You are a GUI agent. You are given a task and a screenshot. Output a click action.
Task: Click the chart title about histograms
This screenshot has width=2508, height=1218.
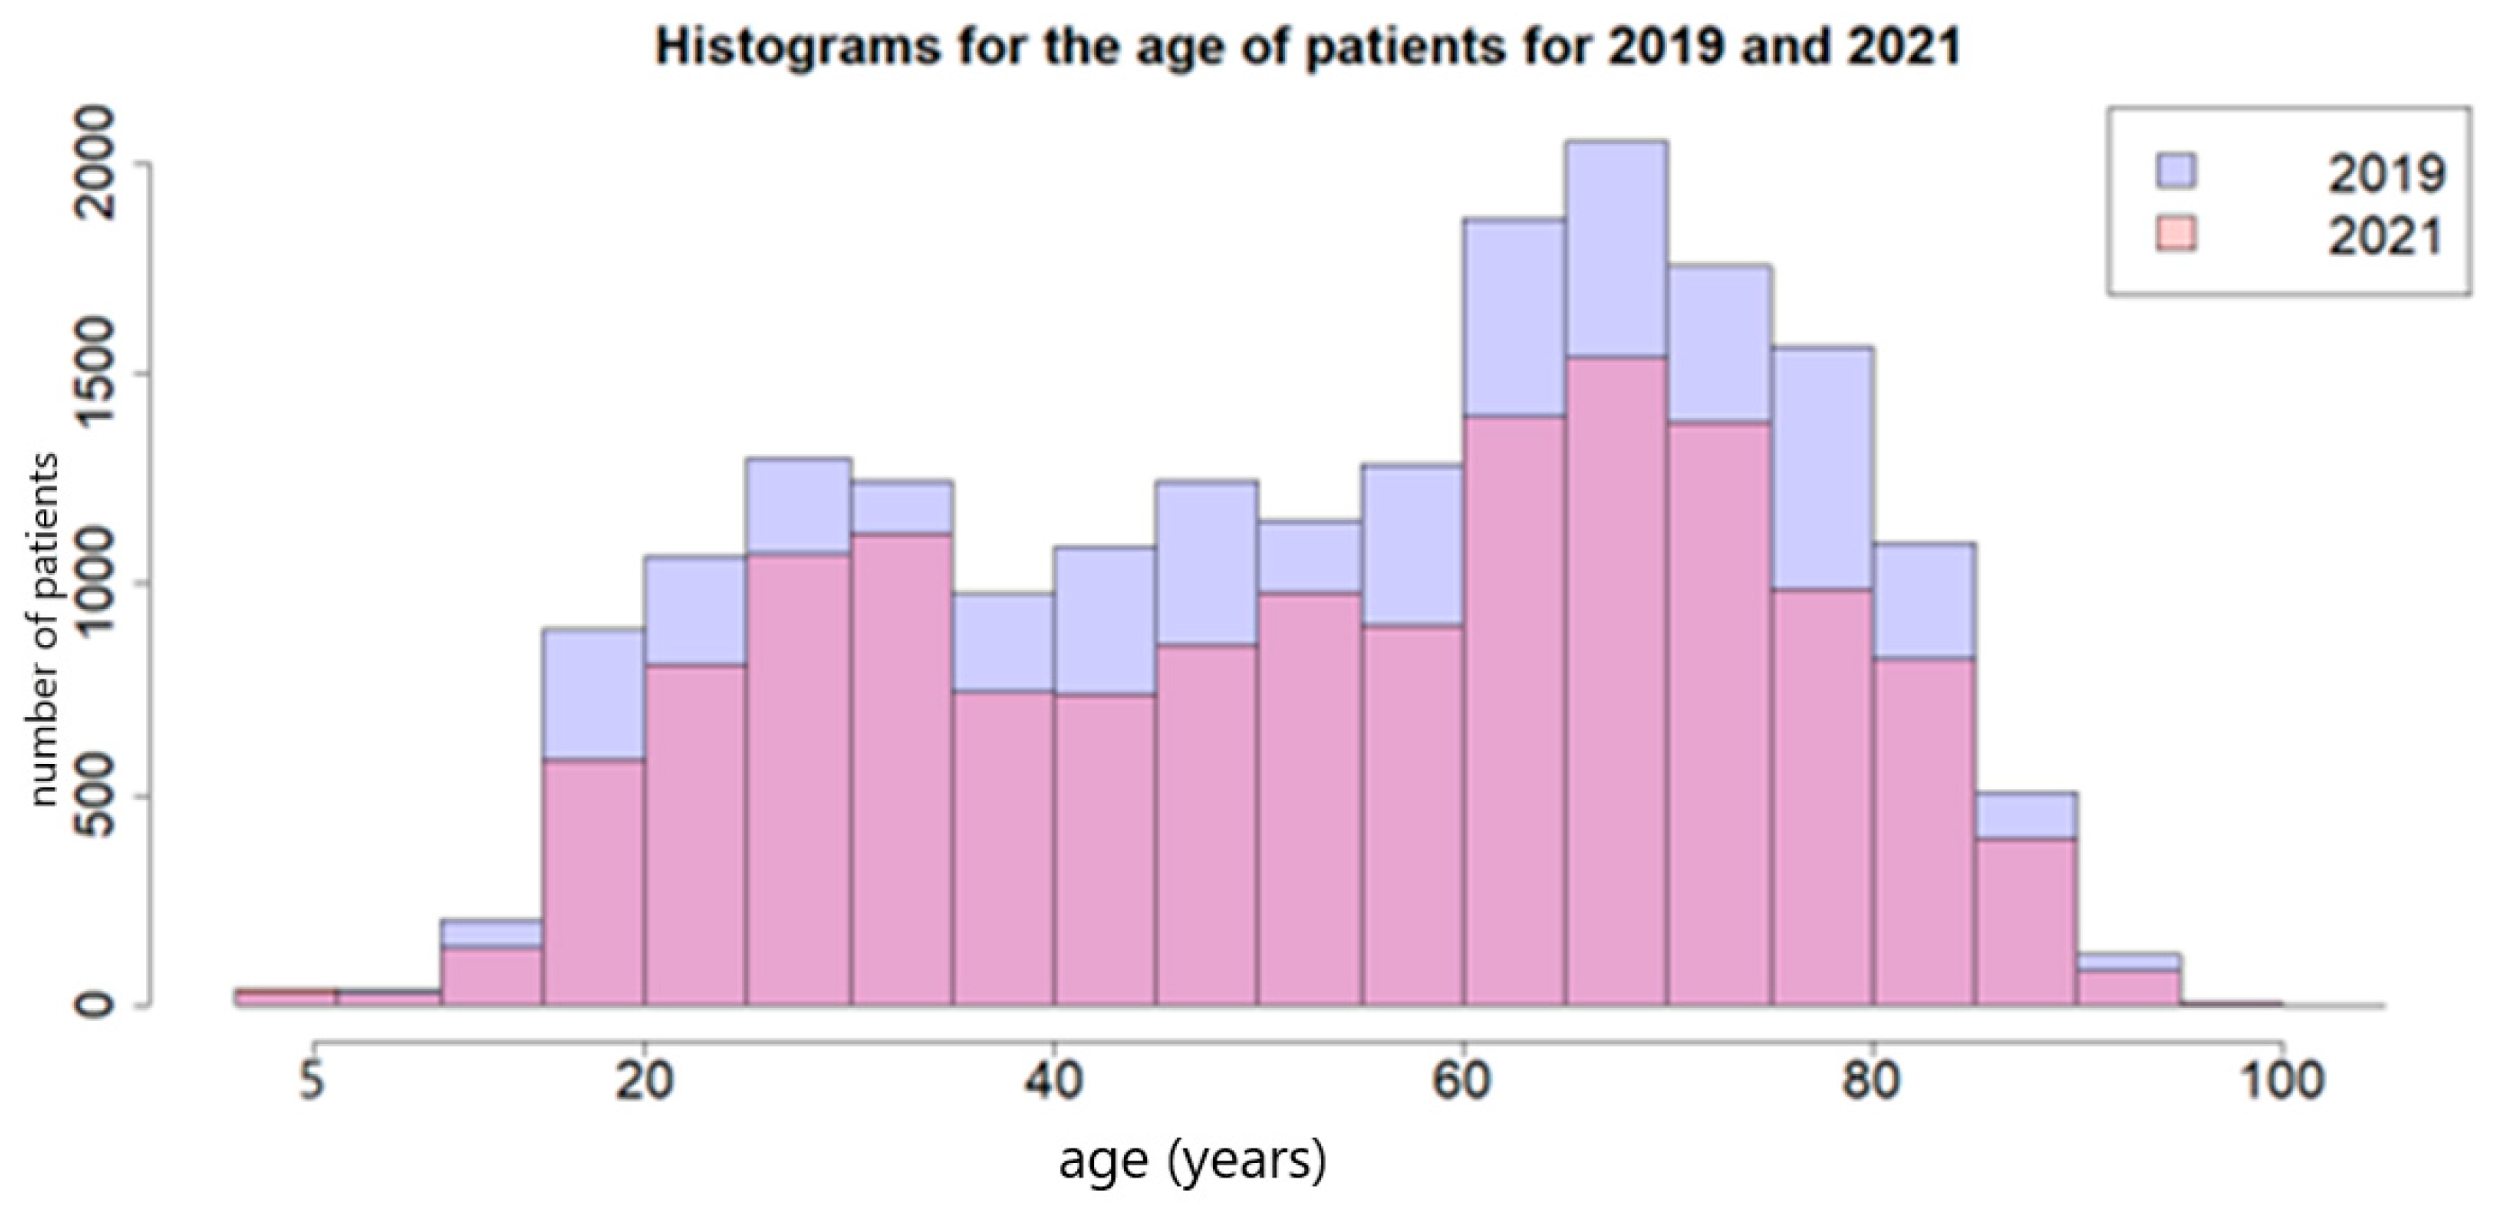click(x=1307, y=47)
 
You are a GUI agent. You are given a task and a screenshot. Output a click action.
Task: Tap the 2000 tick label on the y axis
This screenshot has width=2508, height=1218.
click(x=95, y=164)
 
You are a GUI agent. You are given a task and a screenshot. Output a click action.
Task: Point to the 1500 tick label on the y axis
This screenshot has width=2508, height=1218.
click(x=95, y=374)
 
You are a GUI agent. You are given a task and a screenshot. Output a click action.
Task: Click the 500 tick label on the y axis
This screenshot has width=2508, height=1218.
click(x=95, y=795)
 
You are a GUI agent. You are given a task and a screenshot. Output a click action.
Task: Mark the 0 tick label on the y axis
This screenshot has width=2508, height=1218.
click(x=95, y=1004)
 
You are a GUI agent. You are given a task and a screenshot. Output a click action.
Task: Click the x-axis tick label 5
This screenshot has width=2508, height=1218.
click(x=312, y=1080)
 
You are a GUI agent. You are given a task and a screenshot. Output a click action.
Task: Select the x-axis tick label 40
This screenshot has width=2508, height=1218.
click(x=1054, y=1080)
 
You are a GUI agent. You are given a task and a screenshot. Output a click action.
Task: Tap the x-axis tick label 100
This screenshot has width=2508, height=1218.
click(x=2282, y=1080)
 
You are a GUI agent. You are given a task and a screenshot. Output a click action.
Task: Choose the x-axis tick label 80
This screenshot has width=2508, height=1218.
click(x=1872, y=1080)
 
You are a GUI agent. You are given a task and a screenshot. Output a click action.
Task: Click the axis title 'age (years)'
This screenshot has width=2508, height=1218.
click(x=1191, y=1160)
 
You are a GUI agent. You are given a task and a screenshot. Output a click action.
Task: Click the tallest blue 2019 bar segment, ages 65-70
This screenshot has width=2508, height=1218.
click(x=1616, y=249)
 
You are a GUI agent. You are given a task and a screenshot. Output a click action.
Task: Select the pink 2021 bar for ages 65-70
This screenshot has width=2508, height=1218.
click(x=1616, y=682)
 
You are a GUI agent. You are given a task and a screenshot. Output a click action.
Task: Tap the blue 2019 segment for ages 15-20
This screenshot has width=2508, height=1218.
click(x=593, y=693)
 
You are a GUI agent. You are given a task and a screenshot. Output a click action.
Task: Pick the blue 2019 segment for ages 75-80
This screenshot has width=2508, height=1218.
click(x=1822, y=468)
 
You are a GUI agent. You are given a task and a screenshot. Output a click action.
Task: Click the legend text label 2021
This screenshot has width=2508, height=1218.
click(x=2386, y=238)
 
